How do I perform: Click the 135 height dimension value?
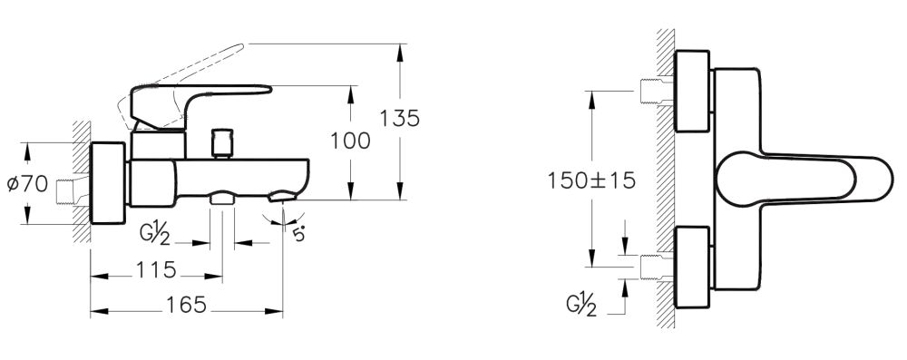pyautogui.click(x=400, y=119)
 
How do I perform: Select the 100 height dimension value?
pyautogui.click(x=352, y=141)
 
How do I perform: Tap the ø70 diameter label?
pyautogui.click(x=26, y=184)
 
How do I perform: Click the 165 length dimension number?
pyautogui.click(x=186, y=305)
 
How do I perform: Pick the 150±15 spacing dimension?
pyautogui.click(x=590, y=180)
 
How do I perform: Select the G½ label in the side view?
pyautogui.click(x=158, y=236)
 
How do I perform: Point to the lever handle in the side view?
pyautogui.click(x=201, y=99)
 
